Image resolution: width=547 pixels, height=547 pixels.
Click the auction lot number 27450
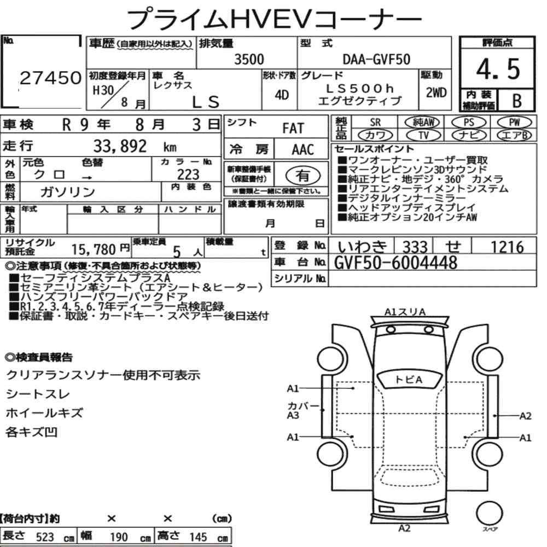point(50,78)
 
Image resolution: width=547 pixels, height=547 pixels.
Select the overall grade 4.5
point(498,69)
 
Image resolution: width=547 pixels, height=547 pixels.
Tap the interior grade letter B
point(517,100)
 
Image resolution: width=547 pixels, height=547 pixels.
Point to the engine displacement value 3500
point(249,59)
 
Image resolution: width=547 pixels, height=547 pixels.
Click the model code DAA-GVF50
point(376,59)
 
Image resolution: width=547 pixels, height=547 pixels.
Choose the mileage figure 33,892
point(120,146)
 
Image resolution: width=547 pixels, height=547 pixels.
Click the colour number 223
point(188,174)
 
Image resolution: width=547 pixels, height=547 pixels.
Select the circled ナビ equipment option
point(469,135)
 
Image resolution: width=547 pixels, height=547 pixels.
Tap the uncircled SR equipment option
point(375,122)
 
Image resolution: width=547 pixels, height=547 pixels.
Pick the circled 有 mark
point(303,176)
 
